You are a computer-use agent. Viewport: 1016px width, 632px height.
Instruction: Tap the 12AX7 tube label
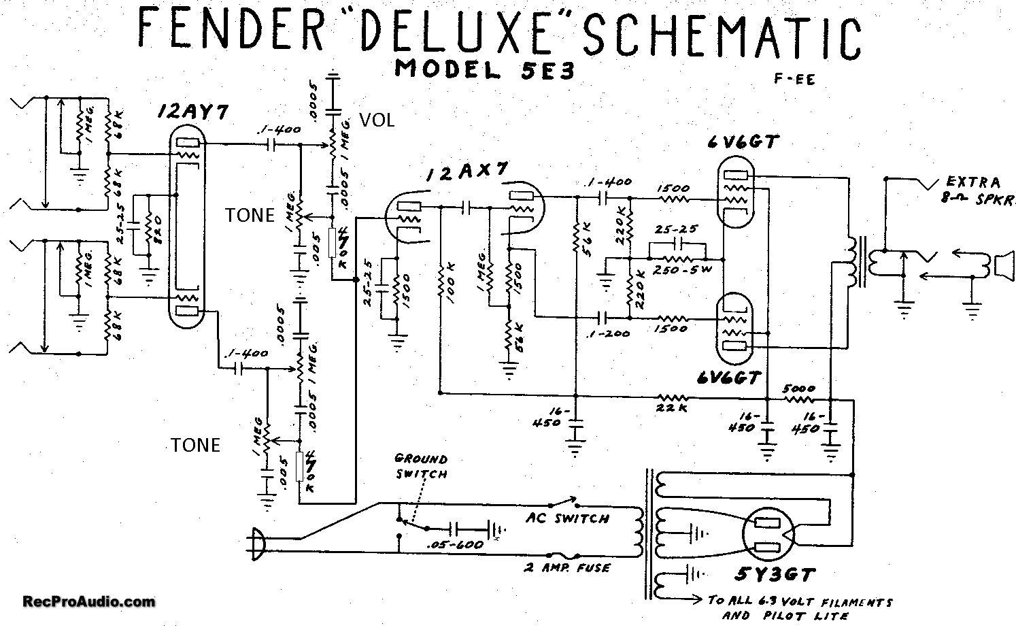[x=468, y=174]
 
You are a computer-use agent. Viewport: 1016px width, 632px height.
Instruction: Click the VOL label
[x=377, y=120]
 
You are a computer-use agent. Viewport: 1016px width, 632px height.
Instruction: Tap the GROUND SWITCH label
[x=421, y=465]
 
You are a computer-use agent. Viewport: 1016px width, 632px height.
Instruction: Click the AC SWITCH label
[x=567, y=518]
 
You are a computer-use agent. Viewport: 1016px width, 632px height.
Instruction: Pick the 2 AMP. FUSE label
[x=566, y=568]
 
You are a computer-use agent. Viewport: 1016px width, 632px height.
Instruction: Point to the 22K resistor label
[x=673, y=408]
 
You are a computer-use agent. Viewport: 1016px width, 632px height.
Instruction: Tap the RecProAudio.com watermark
[x=88, y=601]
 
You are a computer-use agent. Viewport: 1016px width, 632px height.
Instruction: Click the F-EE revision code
[x=794, y=79]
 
